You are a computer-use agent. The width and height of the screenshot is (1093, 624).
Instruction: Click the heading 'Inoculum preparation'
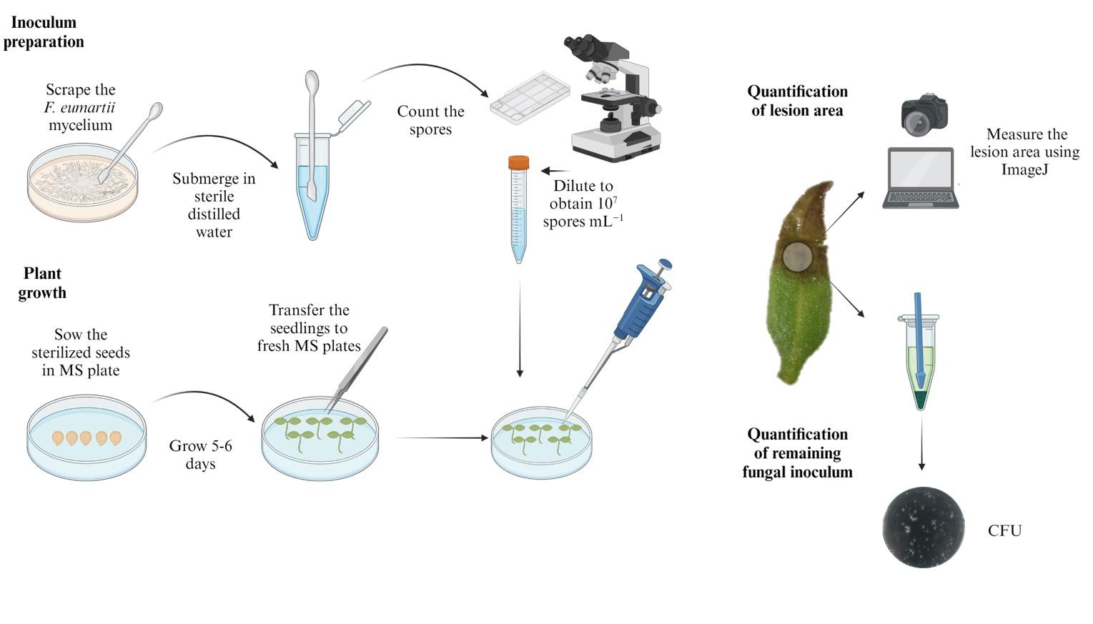pyautogui.click(x=44, y=31)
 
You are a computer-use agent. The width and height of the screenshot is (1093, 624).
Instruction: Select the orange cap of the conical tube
pyautogui.click(x=518, y=162)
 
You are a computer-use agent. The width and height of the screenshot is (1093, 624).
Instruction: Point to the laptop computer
pyautogui.click(x=920, y=177)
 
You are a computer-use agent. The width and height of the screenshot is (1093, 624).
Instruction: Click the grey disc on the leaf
pyautogui.click(x=797, y=256)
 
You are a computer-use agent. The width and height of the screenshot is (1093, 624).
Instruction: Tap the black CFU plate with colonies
pyautogui.click(x=923, y=527)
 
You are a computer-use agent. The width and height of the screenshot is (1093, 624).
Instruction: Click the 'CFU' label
pyautogui.click(x=1004, y=530)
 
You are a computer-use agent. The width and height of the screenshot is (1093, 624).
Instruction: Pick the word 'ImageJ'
pyautogui.click(x=1024, y=169)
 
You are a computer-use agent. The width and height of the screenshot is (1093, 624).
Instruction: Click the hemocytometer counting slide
pyautogui.click(x=530, y=99)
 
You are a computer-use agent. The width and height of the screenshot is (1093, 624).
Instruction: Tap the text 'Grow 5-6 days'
pyautogui.click(x=201, y=454)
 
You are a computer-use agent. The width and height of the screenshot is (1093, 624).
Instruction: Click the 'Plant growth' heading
pyautogui.click(x=42, y=283)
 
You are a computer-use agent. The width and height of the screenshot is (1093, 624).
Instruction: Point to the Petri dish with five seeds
pyautogui.click(x=86, y=437)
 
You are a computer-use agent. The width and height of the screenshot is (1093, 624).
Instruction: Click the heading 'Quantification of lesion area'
pyautogui.click(x=797, y=101)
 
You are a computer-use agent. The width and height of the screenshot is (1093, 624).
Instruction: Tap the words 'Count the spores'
pyautogui.click(x=430, y=120)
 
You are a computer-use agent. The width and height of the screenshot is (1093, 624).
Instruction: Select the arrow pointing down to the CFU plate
pyautogui.click(x=921, y=443)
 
